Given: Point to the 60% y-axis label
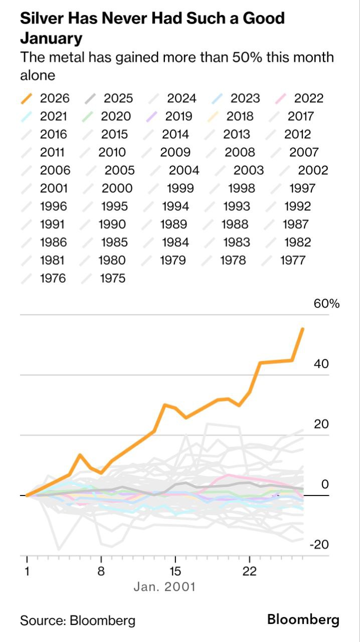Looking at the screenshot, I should pos(327,303).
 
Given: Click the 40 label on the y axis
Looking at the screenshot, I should pos(321,364).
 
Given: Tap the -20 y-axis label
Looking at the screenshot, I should pos(319,545).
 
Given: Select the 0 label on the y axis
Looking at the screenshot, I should pos(325,485).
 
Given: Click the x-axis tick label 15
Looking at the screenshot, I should pos(174,571).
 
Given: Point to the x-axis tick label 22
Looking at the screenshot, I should pos(249,571).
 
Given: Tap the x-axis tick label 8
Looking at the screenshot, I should pos(101,571).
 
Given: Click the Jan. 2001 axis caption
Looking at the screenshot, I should pos(164,586).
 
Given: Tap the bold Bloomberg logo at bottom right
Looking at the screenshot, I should pos(303,619).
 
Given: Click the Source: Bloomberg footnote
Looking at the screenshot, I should pos(78,620).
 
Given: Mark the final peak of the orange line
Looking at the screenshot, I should pos(302,329).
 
